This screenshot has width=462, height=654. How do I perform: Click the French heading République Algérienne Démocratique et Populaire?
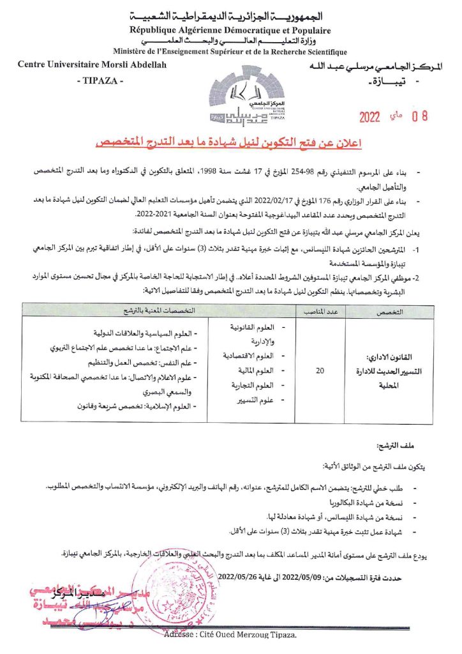[230, 30]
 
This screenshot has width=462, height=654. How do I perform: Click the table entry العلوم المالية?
[253, 370]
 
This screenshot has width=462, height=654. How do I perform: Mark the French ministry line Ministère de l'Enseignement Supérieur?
[230, 52]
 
